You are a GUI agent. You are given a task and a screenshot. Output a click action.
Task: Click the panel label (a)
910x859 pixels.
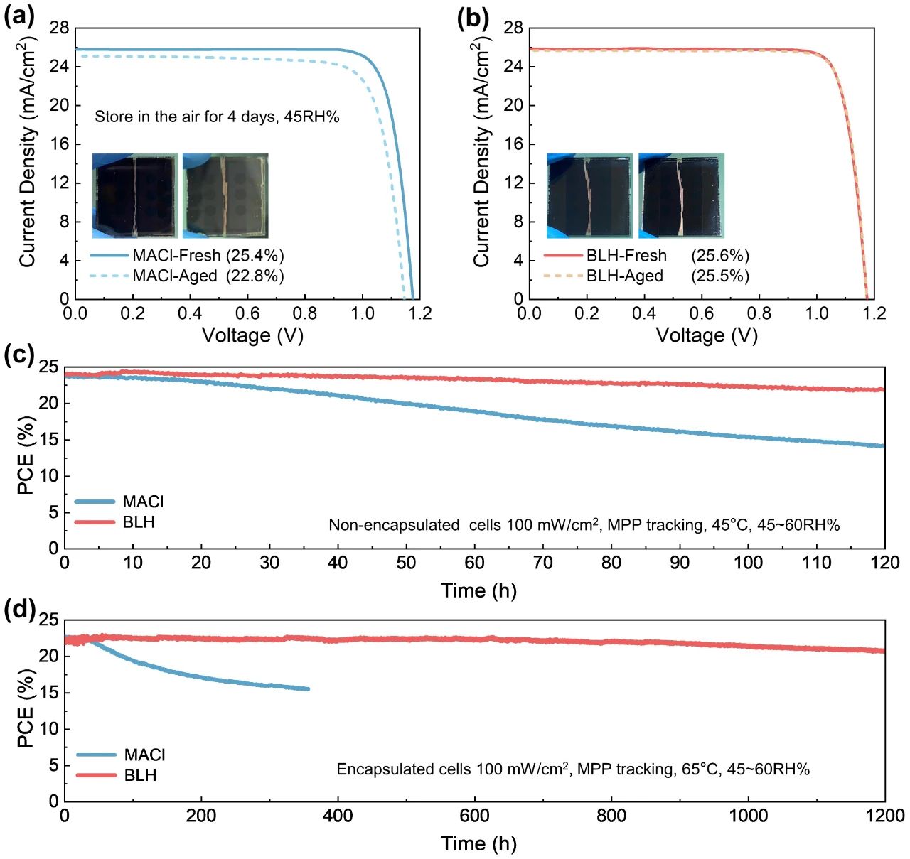point(19,16)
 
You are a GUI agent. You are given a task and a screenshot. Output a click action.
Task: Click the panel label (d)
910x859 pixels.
point(19,610)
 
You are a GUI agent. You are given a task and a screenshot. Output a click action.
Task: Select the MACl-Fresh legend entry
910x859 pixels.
point(176,256)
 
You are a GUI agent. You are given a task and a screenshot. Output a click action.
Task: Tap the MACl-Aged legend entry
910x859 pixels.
point(175,276)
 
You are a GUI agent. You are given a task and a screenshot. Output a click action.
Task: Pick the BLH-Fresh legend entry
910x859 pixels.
point(626,256)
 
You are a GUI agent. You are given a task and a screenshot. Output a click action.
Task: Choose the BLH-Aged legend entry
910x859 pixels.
point(624,276)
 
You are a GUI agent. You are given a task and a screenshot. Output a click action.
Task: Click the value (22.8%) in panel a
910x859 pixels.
point(255,276)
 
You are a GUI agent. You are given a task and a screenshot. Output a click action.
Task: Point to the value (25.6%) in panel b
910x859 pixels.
point(720,256)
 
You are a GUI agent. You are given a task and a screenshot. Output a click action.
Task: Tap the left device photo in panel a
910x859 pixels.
point(135,195)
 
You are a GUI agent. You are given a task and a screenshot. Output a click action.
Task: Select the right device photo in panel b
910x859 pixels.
point(680,195)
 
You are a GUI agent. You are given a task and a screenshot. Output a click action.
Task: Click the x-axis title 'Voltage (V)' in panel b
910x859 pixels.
point(707,335)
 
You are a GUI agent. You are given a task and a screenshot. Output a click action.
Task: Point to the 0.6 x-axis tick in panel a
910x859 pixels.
point(247,313)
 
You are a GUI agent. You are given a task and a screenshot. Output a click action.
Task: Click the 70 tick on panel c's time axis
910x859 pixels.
point(542,563)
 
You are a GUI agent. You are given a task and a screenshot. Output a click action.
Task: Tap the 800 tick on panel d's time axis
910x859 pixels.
point(611,815)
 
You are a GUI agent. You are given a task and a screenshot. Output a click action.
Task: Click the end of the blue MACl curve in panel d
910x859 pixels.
point(308,688)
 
